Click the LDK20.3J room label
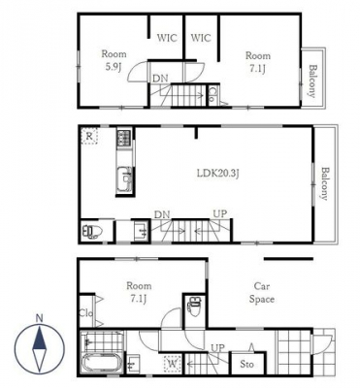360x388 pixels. [x=218, y=174]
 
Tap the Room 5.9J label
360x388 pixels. [x=114, y=60]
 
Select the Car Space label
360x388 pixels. [x=262, y=293]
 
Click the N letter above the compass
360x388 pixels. [x=40, y=318]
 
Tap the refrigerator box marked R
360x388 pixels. [x=89, y=136]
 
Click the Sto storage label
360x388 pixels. [x=246, y=364]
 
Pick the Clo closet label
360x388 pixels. [x=86, y=313]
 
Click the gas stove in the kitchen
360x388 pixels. [x=124, y=138]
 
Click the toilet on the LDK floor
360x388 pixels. [x=92, y=231]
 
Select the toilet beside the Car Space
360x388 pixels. [x=195, y=306]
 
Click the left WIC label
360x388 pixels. [x=167, y=38]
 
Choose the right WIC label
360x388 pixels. [x=201, y=38]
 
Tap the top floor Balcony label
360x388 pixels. [x=312, y=81]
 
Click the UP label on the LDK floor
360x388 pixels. [x=219, y=213]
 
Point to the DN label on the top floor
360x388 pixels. [x=160, y=78]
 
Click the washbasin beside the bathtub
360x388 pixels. [x=134, y=365]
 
